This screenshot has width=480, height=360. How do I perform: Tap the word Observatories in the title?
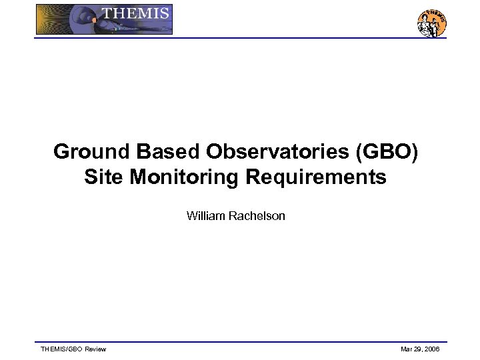[279, 152]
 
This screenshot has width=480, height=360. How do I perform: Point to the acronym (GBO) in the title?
[389, 152]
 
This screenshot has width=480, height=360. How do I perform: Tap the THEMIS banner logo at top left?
[104, 19]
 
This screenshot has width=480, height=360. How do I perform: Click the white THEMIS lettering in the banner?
[135, 13]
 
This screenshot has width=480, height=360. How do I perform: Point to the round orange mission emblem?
[431, 23]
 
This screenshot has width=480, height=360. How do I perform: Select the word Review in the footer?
[95, 349]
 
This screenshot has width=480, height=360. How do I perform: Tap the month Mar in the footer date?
[406, 349]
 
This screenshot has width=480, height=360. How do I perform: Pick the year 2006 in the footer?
[432, 349]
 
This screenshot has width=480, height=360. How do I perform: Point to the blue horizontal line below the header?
[240, 38]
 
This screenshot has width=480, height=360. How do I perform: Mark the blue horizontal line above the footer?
[240, 342]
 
